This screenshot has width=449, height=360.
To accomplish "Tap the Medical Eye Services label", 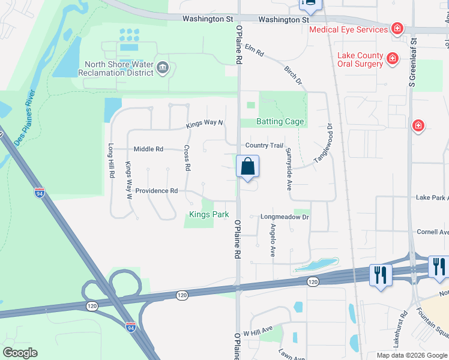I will tap(348, 29).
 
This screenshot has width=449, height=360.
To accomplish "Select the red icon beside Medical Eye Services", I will tap(396, 28).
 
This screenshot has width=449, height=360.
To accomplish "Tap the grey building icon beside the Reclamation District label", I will tap(162, 68).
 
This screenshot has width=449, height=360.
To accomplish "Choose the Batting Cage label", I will tap(280, 121).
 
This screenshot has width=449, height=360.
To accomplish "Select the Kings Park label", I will tap(209, 214).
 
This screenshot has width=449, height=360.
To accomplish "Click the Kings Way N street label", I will tap(205, 124).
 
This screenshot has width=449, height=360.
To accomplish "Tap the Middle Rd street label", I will tap(148, 149).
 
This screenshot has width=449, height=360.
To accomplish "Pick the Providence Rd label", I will tap(157, 191).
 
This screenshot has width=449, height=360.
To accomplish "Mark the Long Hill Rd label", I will tap(112, 161).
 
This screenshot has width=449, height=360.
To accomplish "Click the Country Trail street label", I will tap(264, 146).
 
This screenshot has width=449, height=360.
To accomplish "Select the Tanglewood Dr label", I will tap(324, 144).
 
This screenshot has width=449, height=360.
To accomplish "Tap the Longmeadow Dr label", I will tap(284, 217).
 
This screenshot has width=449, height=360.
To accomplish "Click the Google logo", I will tap(20, 353).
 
